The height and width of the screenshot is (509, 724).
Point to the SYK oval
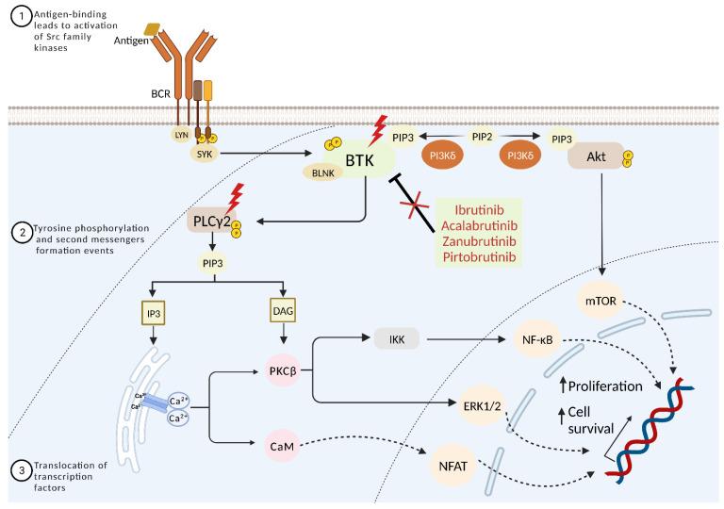pyautogui.click(x=202, y=153)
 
